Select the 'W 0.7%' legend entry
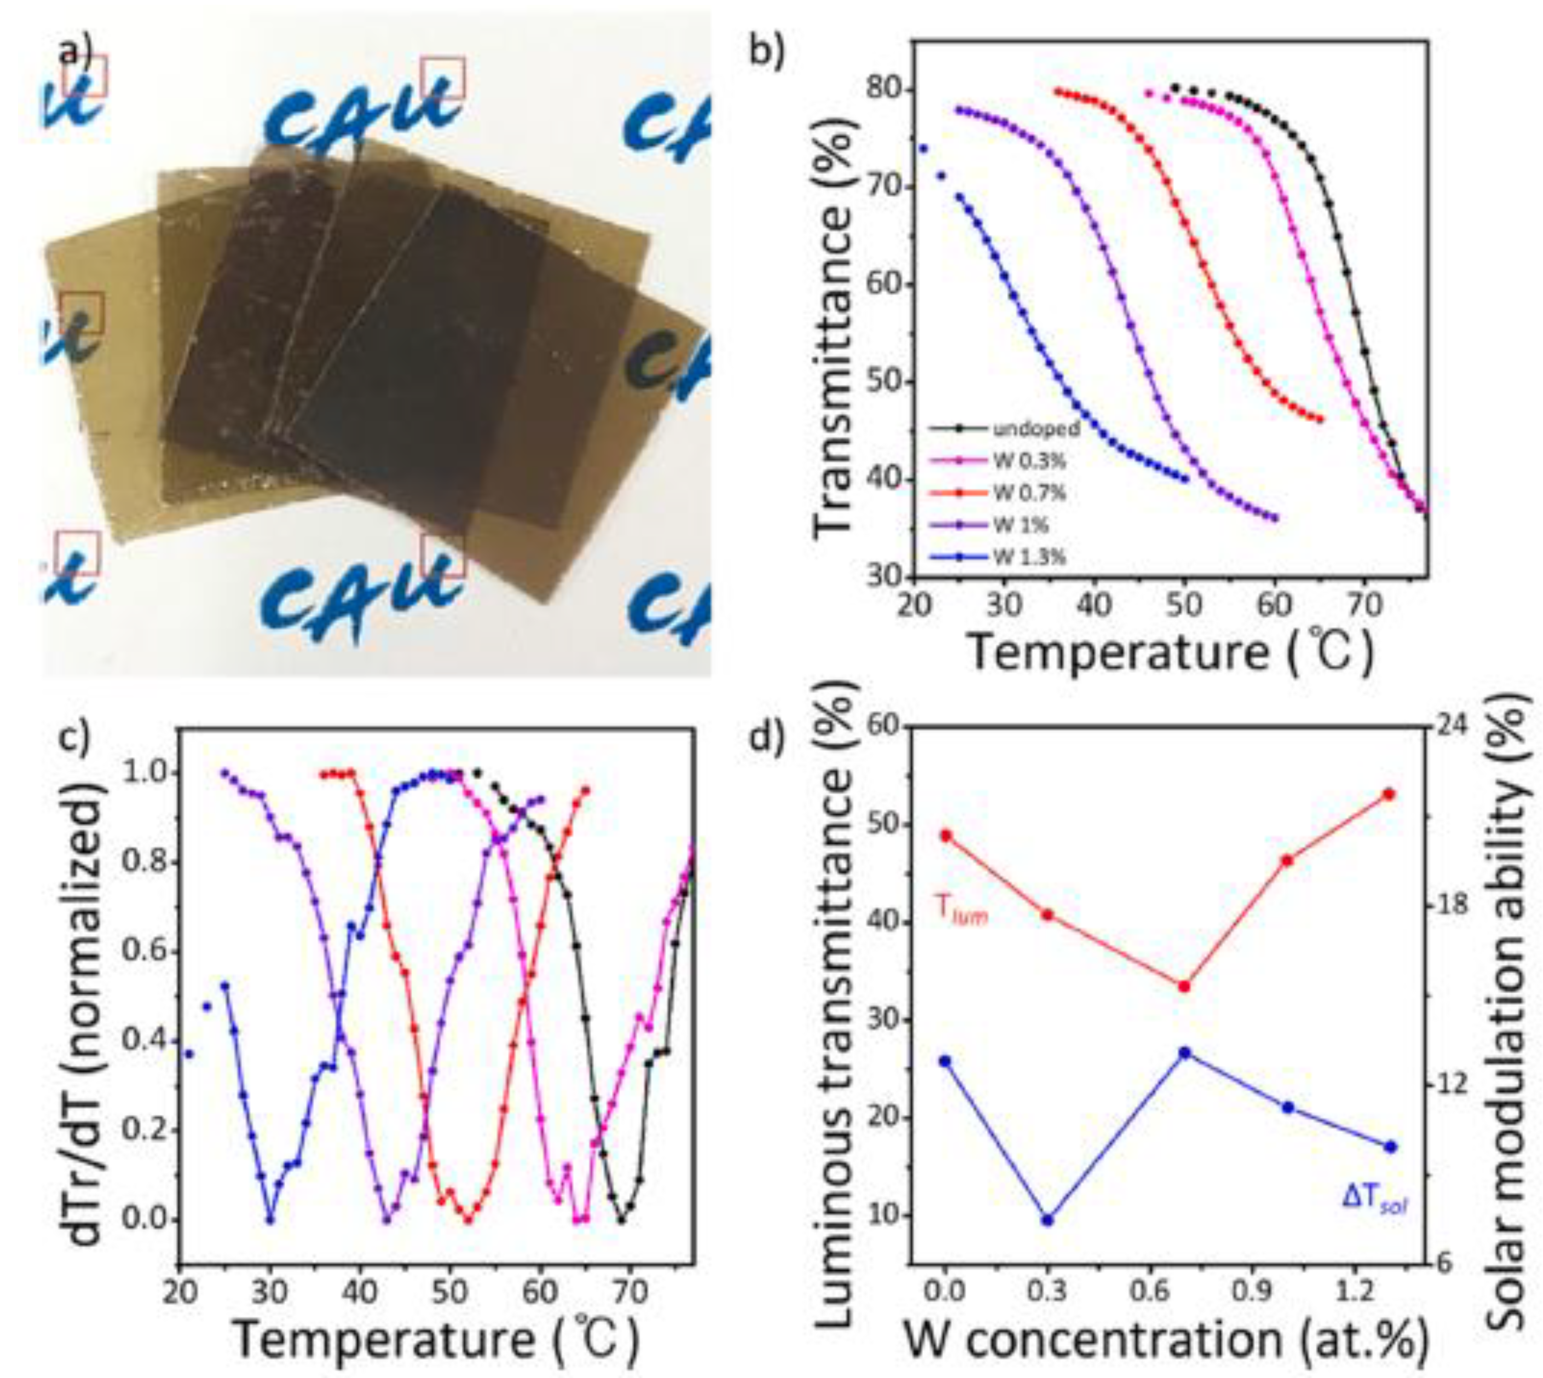(x=1030, y=493)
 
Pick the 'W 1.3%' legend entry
(x=1030, y=557)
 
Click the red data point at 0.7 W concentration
(x=1185, y=986)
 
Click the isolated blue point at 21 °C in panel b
(x=922, y=148)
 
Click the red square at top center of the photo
(x=443, y=78)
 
